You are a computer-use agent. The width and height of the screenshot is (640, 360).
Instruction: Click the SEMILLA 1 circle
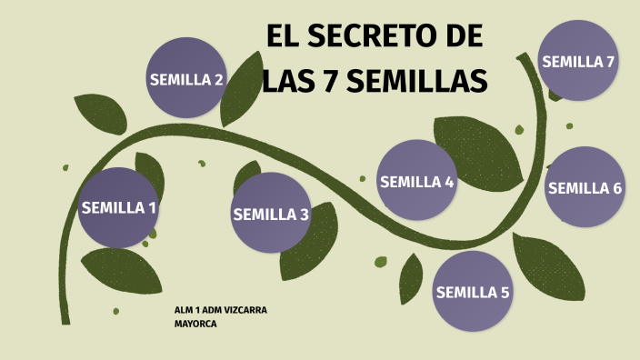[118, 208]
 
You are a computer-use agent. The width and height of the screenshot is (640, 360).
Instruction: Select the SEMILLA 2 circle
[186, 79]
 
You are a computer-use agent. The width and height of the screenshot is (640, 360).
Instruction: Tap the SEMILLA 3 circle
[271, 214]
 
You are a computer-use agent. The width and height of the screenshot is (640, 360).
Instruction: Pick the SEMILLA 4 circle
[416, 181]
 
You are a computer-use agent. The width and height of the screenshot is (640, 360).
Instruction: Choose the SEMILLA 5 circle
[473, 292]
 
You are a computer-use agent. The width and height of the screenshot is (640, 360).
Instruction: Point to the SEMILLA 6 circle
[585, 187]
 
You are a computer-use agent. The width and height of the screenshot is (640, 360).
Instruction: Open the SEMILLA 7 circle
[578, 62]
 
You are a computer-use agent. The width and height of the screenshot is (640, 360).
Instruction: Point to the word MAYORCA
[195, 323]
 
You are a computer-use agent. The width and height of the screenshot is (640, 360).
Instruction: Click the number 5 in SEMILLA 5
[505, 293]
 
